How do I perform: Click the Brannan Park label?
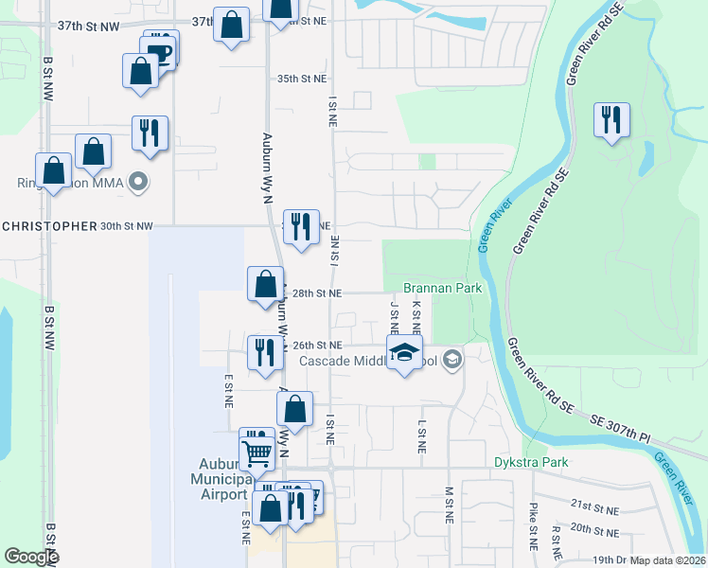[x=442, y=288]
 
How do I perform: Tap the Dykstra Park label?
[x=530, y=463]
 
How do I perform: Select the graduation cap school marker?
[x=404, y=354]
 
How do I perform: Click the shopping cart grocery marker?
[x=257, y=452]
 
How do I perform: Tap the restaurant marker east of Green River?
[x=611, y=120]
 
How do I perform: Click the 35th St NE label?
[x=301, y=80]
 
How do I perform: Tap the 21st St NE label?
[x=593, y=508]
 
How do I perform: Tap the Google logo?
[x=31, y=557]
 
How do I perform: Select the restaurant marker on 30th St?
[x=301, y=227]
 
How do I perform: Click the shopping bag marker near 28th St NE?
[x=265, y=283]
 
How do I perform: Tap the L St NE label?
[x=420, y=431]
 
